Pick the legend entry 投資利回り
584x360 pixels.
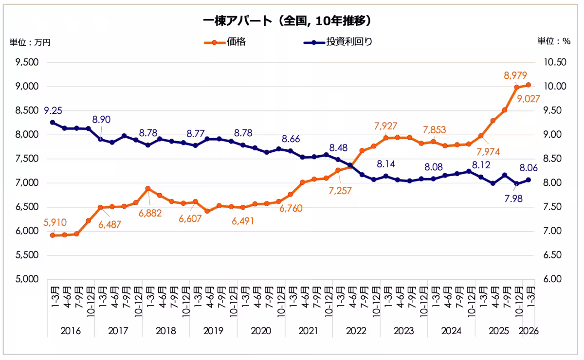(348, 42)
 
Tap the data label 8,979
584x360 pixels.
(516, 75)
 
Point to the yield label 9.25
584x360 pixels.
(53, 110)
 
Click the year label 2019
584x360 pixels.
(213, 331)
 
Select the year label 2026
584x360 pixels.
(528, 331)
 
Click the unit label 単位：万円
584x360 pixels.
(30, 42)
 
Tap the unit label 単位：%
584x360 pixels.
(553, 41)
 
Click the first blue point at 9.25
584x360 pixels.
(52, 123)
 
